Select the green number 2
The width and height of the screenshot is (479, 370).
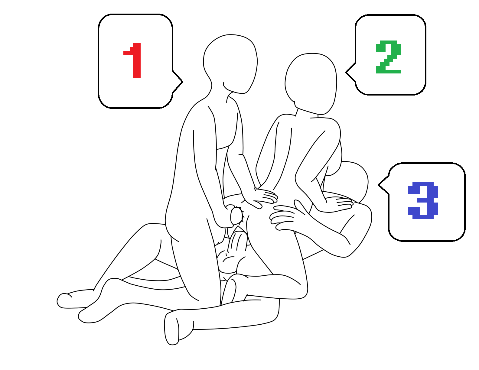(x=388, y=57)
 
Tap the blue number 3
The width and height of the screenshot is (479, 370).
(x=423, y=200)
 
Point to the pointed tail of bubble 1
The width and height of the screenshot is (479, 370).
(x=182, y=82)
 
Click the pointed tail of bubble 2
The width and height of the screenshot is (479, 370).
(x=346, y=72)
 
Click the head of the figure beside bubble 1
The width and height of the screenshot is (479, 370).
(x=230, y=64)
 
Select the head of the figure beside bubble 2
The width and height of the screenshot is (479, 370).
(x=311, y=84)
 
